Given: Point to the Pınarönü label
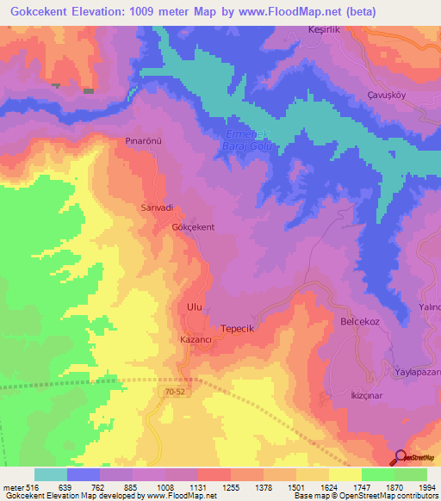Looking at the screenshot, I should (x=143, y=139).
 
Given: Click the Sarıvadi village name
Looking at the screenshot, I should (x=157, y=207).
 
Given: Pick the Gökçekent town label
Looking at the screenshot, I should (x=193, y=227).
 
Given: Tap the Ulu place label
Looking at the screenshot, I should (x=194, y=306).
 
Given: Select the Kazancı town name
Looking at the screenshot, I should (x=196, y=340).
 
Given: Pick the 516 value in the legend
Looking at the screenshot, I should (x=25, y=486).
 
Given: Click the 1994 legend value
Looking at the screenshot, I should (x=425, y=486).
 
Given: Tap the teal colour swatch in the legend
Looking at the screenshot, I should (x=50, y=474).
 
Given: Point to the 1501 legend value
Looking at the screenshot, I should (x=295, y=486).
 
